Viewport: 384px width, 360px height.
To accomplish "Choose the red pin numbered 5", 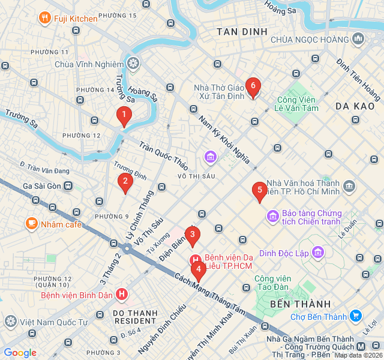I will pyautogui.click(x=259, y=191).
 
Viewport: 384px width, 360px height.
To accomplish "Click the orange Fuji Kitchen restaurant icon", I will pyautogui.click(x=44, y=19).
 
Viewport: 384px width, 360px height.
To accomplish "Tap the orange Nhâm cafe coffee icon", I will pyautogui.click(x=31, y=224).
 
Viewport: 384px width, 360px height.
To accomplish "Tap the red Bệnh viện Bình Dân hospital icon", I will pyautogui.click(x=122, y=295).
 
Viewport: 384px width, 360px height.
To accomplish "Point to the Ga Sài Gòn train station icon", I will pyautogui.click(x=68, y=187).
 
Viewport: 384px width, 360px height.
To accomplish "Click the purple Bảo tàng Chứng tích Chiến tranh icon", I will pyautogui.click(x=272, y=215).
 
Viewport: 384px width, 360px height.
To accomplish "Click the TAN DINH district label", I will pyautogui.click(x=242, y=31).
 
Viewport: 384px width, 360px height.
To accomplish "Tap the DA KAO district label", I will pyautogui.click(x=355, y=106).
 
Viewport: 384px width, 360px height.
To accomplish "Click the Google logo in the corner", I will pyautogui.click(x=20, y=353).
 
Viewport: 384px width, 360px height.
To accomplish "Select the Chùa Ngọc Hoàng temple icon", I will pyautogui.click(x=358, y=39).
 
